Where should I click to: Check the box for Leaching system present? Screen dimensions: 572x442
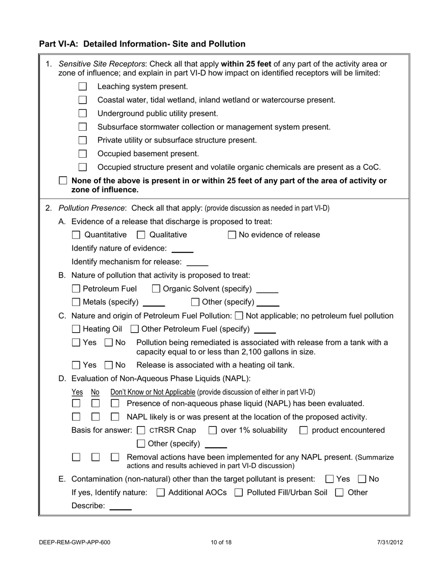tap(82, 86)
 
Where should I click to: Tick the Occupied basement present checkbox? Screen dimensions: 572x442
tap(82, 153)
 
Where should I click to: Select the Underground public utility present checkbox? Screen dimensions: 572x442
tap(82, 113)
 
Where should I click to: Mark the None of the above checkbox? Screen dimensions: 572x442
tap(63, 181)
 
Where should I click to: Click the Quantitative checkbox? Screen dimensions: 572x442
tap(76, 235)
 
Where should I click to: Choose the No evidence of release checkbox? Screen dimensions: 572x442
tap(232, 235)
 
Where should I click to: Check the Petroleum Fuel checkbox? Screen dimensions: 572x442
tap(76, 289)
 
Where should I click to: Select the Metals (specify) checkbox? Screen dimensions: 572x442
tap(76, 302)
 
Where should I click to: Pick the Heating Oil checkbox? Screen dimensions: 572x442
tap(76, 329)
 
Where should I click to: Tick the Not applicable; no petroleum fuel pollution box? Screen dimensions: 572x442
tap(239, 316)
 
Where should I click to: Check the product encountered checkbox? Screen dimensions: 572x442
tap(304, 430)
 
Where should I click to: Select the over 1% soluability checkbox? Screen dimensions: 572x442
tap(213, 430)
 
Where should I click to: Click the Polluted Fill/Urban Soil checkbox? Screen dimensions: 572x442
tap(239, 492)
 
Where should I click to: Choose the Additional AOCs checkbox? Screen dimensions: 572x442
tap(161, 492)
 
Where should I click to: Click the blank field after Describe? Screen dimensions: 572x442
tap(121, 506)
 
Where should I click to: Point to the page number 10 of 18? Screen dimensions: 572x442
tap(221, 542)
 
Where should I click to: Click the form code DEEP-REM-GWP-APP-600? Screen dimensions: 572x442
tap(75, 542)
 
